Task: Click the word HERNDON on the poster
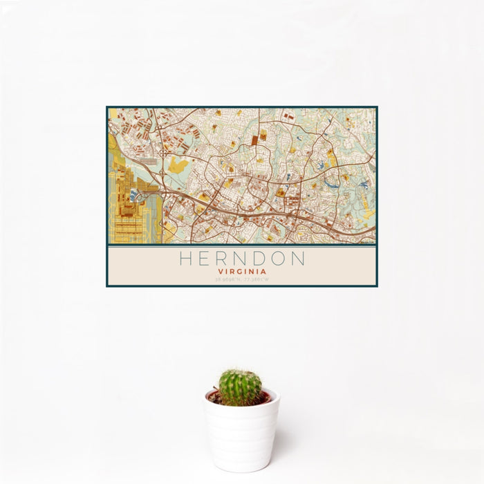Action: coord(241,259)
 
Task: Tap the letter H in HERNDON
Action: coord(185,259)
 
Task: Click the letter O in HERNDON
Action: coord(279,259)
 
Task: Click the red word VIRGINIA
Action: coord(241,272)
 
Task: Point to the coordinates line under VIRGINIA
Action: coord(241,279)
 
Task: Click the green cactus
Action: coord(241,387)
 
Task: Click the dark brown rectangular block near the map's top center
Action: coord(254,140)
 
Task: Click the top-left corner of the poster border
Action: coord(107,107)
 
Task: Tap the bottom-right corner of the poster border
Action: coord(377,286)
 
